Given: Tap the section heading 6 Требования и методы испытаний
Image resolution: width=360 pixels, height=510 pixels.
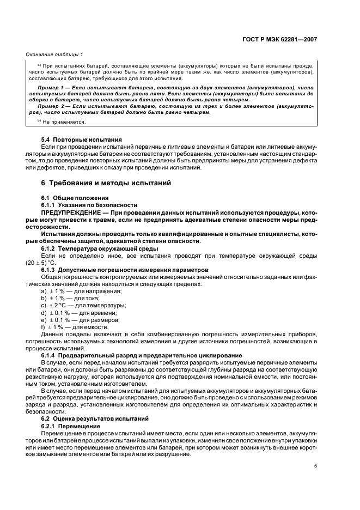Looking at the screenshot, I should tap(106, 183).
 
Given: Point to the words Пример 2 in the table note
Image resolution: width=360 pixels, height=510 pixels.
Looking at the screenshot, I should tap(51, 107).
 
